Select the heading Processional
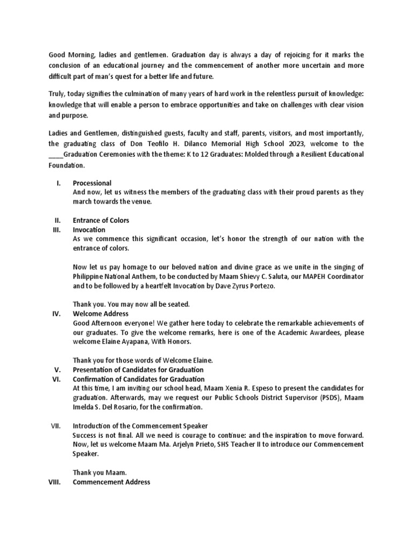coord(92,183)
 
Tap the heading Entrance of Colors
coord(101,220)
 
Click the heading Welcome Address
coord(100,313)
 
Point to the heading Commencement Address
coord(111,482)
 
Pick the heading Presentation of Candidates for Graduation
coord(138,370)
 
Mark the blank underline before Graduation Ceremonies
coord(56,155)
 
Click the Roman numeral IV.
coord(56,313)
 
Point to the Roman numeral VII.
coord(56,425)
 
